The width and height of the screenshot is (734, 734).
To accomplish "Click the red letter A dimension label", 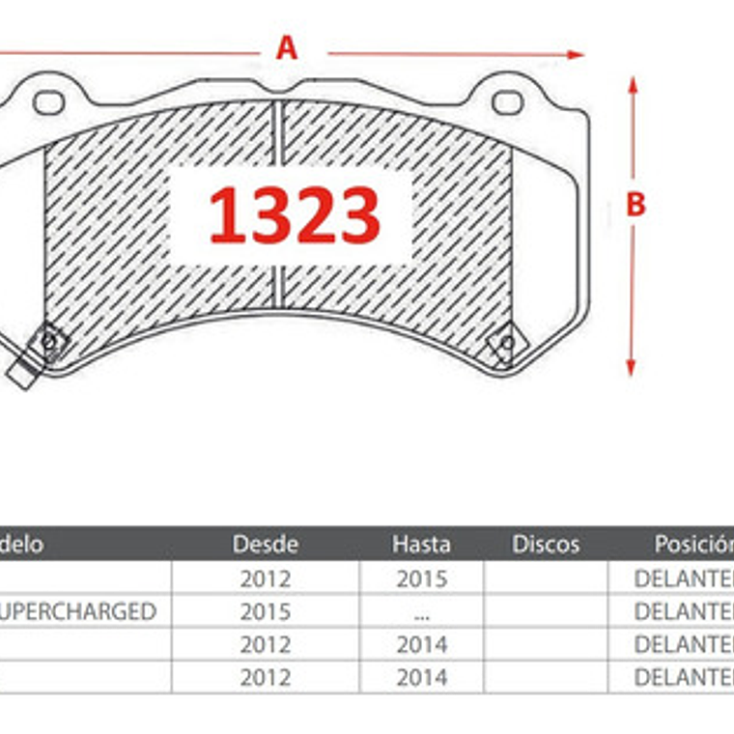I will point(286,47).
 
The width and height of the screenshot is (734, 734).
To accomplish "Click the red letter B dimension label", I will point(635,205).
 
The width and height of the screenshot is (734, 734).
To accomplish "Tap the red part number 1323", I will point(295,215).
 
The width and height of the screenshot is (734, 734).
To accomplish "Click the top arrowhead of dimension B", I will point(633,84).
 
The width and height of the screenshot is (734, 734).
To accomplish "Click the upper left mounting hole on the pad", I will point(47,101).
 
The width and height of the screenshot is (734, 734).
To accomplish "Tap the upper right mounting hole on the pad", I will point(507,102).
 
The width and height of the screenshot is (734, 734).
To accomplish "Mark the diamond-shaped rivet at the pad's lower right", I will point(504,344).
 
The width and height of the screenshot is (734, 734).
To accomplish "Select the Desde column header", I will point(265,544).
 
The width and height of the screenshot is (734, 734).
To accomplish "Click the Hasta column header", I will point(420,544).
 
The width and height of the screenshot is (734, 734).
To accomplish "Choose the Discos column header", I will point(546,544).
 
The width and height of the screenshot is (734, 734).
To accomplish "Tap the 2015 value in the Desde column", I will point(265,611).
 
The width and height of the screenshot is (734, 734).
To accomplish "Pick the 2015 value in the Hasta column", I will point(421,579).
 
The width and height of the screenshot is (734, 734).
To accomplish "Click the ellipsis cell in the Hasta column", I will point(421,612).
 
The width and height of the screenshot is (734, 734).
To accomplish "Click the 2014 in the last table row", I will point(421,677).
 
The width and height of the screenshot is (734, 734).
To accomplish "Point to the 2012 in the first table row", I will point(265,579).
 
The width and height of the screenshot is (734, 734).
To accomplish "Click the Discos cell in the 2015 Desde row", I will point(546,611).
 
